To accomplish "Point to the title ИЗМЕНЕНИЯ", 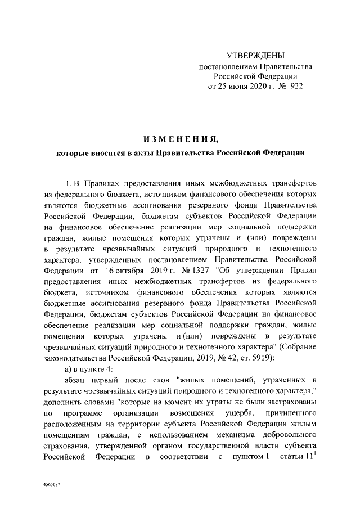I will [179, 138].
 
